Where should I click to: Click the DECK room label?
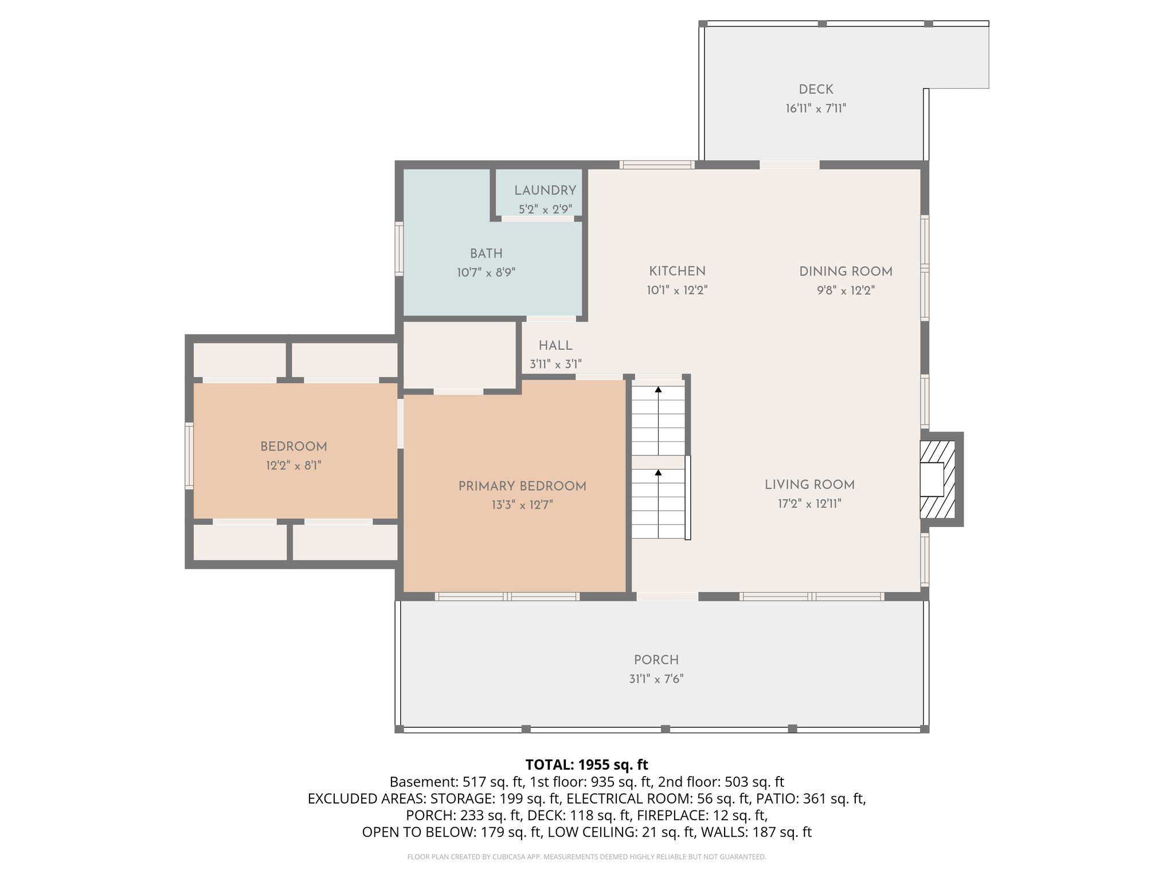coord(816,89)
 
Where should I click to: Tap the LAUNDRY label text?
coord(545,190)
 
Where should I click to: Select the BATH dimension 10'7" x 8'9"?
coord(486,272)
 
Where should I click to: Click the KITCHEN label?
coord(677,271)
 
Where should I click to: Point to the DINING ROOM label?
coord(846,271)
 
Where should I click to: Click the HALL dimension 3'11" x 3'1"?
coord(555,364)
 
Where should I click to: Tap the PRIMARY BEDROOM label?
coord(522,486)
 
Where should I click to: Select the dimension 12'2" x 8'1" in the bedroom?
coord(293,466)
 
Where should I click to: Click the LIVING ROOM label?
coord(809,485)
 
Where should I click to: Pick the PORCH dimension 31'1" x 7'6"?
coord(656,679)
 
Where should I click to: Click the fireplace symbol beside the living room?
coord(937,480)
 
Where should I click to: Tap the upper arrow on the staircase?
coord(658,390)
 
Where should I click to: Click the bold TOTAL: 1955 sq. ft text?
coord(586,765)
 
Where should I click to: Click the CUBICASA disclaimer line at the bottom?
coord(586,857)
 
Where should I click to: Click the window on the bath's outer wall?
coord(399,249)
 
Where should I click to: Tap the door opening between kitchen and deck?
coord(789,165)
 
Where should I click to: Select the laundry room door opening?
coord(538,219)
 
